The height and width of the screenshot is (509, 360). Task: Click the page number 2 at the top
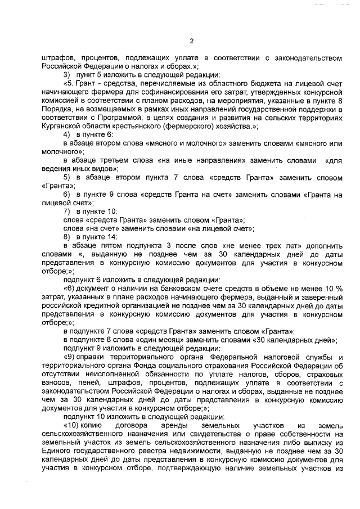pos(191,41)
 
